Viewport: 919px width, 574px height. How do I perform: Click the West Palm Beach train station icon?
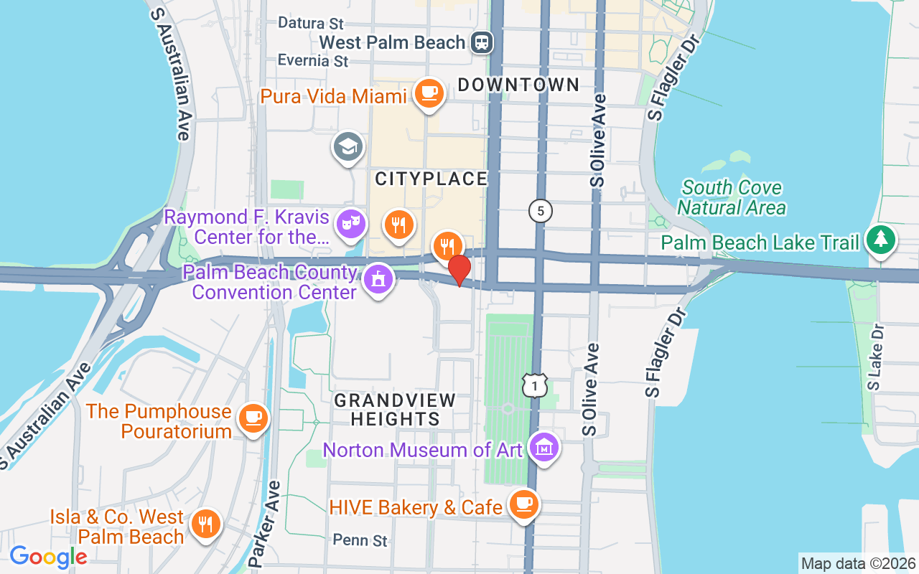[x=482, y=42]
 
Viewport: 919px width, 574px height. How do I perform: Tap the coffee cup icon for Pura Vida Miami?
[x=429, y=93]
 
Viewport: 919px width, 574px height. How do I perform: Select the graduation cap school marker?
[x=347, y=146]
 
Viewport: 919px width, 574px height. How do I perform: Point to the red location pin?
[x=459, y=269]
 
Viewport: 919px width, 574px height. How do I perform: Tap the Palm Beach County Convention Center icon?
[x=378, y=279]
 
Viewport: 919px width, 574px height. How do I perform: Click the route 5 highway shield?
[x=540, y=211]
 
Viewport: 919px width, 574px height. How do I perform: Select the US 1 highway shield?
[x=535, y=385]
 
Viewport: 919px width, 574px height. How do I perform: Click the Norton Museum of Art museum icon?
[x=544, y=448]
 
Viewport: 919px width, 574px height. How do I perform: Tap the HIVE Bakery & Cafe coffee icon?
[x=523, y=504]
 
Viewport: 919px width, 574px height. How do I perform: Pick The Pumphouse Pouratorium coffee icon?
[x=253, y=418]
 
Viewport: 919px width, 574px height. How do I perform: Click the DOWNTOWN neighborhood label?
[x=518, y=85]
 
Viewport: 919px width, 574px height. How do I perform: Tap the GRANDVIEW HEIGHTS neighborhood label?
[x=395, y=410]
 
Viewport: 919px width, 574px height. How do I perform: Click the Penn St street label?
[x=360, y=540]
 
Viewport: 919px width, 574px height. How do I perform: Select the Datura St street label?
[x=310, y=24]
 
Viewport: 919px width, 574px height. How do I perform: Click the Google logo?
[x=48, y=557]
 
